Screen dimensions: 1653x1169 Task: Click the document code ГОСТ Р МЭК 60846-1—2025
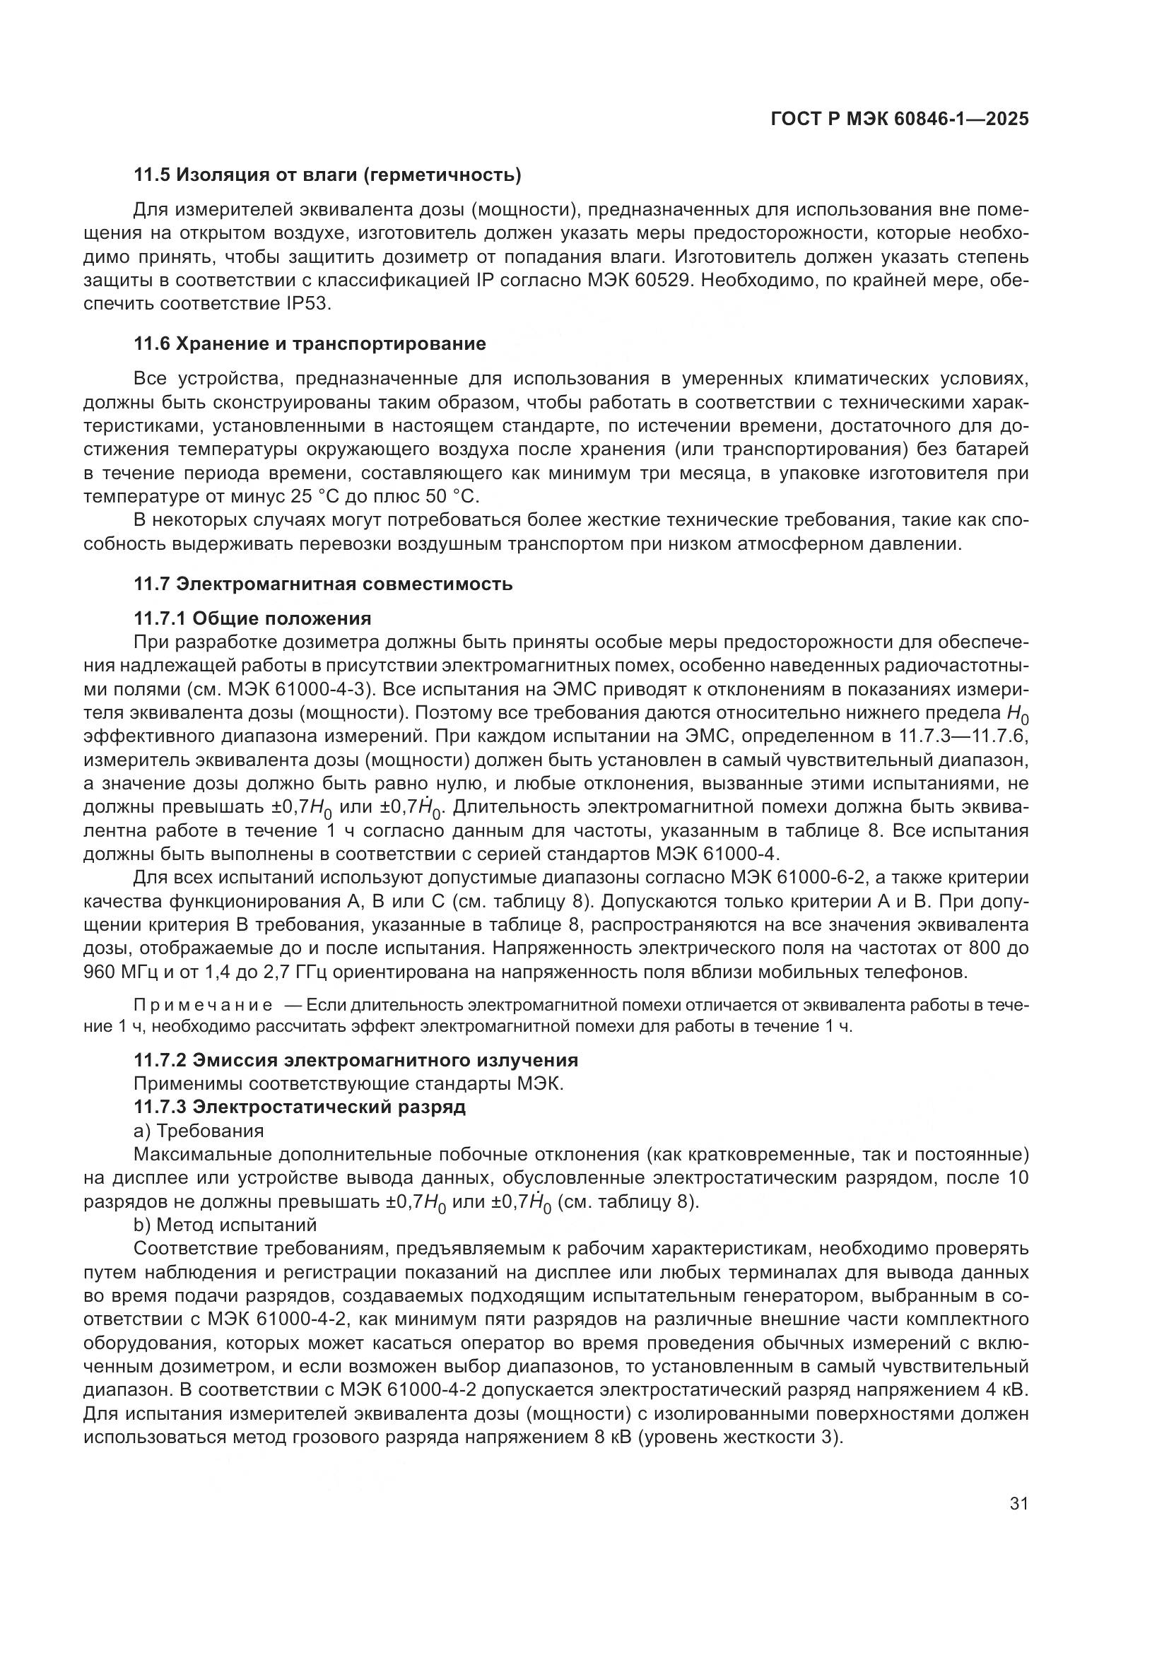(x=899, y=119)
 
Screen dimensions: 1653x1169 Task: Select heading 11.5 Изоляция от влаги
(x=327, y=175)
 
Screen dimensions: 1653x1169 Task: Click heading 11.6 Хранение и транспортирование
(x=310, y=343)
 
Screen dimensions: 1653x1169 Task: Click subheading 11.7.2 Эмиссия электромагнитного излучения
(x=356, y=1060)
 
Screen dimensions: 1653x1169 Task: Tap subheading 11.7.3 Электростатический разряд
(x=300, y=1107)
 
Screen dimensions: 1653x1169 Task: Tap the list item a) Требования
(x=199, y=1130)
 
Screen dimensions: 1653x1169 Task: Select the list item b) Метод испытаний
(x=225, y=1225)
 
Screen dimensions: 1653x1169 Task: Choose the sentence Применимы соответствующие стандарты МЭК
(x=348, y=1083)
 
